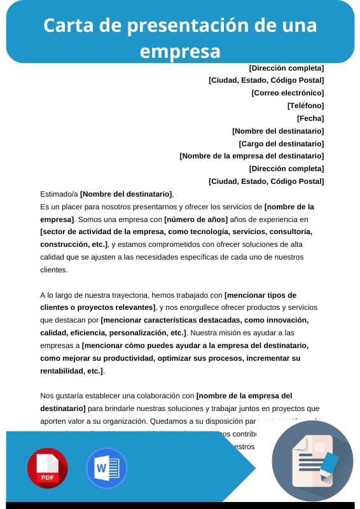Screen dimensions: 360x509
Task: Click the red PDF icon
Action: (47, 468)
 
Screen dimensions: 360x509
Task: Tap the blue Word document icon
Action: (106, 468)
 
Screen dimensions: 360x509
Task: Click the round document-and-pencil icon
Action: (312, 461)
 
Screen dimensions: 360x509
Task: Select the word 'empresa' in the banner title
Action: (180, 50)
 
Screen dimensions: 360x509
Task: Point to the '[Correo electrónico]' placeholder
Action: (287, 93)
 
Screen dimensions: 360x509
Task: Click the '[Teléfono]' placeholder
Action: (305, 106)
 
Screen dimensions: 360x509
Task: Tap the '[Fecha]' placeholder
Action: (310, 118)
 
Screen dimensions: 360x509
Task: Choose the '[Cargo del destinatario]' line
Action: (281, 144)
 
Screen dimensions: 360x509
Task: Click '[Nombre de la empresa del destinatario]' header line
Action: (251, 156)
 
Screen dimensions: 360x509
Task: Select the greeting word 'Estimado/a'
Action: (59, 194)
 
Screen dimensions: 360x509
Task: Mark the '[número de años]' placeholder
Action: (195, 220)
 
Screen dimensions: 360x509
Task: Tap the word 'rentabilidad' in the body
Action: (62, 371)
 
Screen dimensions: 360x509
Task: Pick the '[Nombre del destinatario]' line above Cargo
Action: (278, 131)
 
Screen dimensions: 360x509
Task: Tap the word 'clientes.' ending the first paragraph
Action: (53, 270)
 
